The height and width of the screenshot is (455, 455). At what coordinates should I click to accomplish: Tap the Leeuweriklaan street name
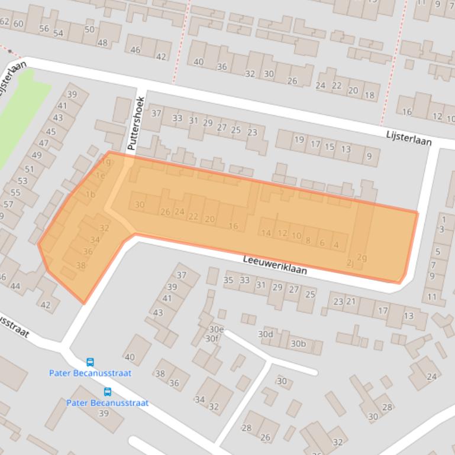pos(275,264)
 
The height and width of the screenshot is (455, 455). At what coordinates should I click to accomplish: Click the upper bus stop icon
pos(90,362)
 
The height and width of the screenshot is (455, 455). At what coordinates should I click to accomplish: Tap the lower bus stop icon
pos(108,392)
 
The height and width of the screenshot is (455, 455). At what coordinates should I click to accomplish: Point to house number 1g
pos(106,161)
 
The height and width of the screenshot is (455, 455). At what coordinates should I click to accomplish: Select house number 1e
pos(100,175)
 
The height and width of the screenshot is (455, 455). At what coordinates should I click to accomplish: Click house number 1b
pos(90,194)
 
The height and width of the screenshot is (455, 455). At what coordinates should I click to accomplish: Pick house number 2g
pos(362,257)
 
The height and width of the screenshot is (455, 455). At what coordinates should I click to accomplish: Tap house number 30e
pos(217,329)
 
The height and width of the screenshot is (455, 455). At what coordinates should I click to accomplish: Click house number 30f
pos(212,339)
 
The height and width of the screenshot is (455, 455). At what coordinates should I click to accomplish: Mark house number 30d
pos(266,334)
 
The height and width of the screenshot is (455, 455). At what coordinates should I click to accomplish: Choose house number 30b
pos(298,343)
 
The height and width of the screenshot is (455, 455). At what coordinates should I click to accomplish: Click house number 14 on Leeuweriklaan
pos(266,233)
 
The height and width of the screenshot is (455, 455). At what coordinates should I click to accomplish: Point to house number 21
pos(351,301)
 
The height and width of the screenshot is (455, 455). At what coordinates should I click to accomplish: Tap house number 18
pos(369,95)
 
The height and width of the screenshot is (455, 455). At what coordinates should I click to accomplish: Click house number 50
pos(89,30)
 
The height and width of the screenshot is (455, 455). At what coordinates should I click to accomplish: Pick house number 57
pos(8,204)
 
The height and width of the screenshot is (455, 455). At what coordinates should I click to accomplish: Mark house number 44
pos(16,287)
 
